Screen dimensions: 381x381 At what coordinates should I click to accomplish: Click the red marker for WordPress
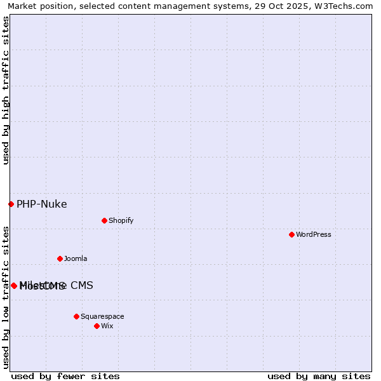pyautogui.click(x=291, y=234)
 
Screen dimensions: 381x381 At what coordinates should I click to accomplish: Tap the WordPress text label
pyautogui.click(x=314, y=234)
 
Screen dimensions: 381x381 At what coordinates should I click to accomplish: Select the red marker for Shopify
pyautogui.click(x=104, y=220)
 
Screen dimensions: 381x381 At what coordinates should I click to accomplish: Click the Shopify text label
pyautogui.click(x=121, y=220)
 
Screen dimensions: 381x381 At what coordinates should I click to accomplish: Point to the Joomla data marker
pyautogui.click(x=60, y=258)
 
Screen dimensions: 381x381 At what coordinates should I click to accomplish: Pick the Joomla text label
pyautogui.click(x=76, y=258)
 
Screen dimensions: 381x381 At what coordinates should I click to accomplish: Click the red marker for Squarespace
pyautogui.click(x=76, y=316)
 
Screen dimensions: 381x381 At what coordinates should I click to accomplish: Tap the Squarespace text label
pyautogui.click(x=102, y=316)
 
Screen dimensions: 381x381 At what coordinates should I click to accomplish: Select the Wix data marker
pyautogui.click(x=97, y=326)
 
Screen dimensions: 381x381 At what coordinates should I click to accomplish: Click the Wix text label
pyautogui.click(x=107, y=326)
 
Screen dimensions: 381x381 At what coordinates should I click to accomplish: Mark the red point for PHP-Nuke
pyautogui.click(x=11, y=204)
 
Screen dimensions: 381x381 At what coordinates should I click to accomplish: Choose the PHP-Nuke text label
pyautogui.click(x=41, y=204)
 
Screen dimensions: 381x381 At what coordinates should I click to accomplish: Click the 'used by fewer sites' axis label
pyautogui.click(x=65, y=376)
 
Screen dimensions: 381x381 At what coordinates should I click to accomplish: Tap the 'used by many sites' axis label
pyautogui.click(x=319, y=376)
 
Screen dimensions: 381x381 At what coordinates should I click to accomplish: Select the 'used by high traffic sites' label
pyautogui.click(x=6, y=90)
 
